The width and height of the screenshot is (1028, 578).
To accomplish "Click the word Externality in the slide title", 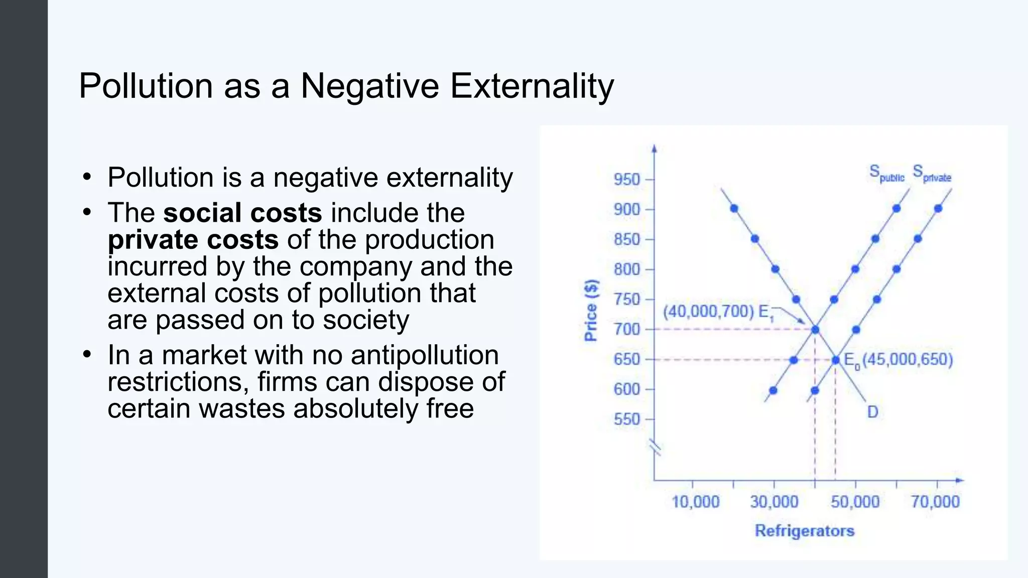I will tap(532, 86).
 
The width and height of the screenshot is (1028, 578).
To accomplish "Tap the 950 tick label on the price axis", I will tap(626, 179).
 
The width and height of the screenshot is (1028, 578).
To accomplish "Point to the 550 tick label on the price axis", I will tap(626, 419).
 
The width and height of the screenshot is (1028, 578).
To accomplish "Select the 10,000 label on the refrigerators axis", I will tap(695, 501).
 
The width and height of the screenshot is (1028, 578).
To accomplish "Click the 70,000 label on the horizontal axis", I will tap(935, 501).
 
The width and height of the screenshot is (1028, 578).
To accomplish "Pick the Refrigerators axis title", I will tap(804, 530).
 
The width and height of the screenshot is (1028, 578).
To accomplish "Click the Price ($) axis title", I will tap(591, 311).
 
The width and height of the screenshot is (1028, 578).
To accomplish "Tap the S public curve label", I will tap(886, 174).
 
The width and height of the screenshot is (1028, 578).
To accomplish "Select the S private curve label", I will tap(932, 174).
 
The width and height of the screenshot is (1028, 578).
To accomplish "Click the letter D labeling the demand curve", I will tap(872, 412).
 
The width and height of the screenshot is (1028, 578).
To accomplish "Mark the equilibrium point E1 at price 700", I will tap(815, 330).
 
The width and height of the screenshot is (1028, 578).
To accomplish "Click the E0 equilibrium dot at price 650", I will tap(836, 360).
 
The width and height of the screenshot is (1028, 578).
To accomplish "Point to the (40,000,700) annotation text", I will tap(708, 312).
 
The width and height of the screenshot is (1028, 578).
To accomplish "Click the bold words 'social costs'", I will tap(242, 213).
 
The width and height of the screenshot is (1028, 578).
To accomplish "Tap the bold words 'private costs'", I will tap(193, 239).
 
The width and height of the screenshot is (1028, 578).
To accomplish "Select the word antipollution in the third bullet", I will tap(425, 355).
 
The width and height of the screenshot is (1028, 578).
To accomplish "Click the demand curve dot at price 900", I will tap(734, 208).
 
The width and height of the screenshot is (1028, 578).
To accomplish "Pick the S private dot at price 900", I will tap(938, 208).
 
